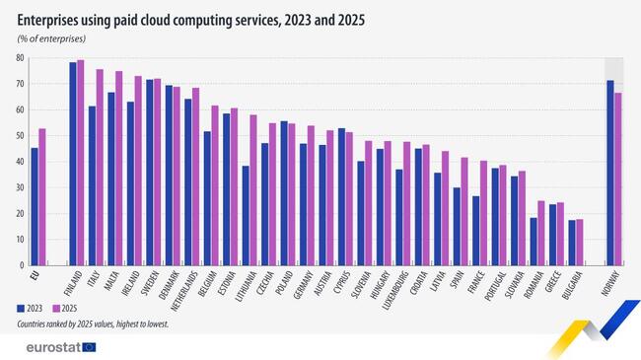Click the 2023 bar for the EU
point(35,206)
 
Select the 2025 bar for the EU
point(42,196)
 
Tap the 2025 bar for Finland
point(81,163)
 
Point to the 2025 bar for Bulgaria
point(579,242)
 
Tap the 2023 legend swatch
point(22,308)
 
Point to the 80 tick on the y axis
point(20,58)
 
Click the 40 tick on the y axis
point(20,162)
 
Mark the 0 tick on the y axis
point(22,265)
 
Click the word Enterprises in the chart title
point(51,19)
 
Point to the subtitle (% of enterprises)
point(51,37)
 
